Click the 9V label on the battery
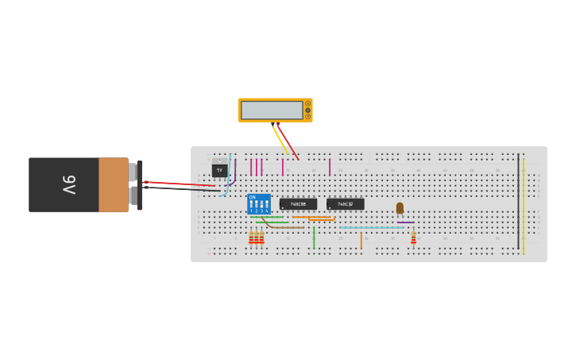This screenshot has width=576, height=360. click(69, 184)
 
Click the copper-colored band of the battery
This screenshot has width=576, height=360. click(113, 184)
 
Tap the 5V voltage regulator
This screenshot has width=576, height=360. click(219, 170)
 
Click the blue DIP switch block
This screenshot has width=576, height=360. click(259, 204)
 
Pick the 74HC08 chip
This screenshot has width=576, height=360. click(298, 204)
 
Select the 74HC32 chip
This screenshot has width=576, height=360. click(346, 204)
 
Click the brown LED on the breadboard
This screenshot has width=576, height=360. click(400, 207)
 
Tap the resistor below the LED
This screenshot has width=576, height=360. click(413, 237)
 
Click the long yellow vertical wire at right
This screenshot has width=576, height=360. click(524, 203)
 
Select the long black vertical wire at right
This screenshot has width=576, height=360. click(518, 203)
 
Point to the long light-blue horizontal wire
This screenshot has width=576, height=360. click(371, 227)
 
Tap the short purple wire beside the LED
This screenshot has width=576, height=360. click(405, 223)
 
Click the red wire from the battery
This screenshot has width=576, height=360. click(179, 184)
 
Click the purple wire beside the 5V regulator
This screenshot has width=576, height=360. click(234, 173)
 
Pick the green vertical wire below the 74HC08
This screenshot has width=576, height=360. click(314, 237)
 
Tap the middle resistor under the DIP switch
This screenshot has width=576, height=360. click(257, 237)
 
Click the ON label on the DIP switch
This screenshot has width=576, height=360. click(252, 197)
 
